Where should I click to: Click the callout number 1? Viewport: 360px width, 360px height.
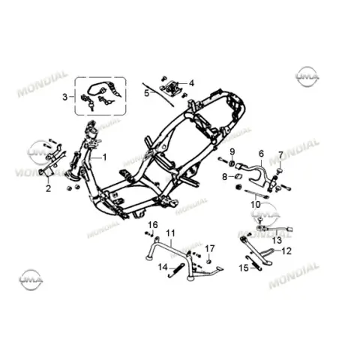coord(105,157)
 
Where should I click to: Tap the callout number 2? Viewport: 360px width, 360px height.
coord(48,188)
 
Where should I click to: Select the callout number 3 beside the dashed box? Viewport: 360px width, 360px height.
coord(65,97)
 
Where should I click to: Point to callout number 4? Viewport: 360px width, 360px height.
coord(191,83)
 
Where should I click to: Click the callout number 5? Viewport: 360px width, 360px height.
coord(147,93)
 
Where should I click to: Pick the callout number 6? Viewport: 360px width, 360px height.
coord(261,154)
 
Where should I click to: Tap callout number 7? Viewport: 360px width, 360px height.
coord(280,155)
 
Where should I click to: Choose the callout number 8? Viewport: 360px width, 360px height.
coord(225,177)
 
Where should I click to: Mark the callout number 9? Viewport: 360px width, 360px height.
coord(232,151)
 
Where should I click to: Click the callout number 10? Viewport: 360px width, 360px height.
coord(256,205)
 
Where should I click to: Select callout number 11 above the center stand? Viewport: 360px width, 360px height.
coord(170,233)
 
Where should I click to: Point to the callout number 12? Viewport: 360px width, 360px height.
coord(286,250)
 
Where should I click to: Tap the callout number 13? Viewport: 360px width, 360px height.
coord(277,241)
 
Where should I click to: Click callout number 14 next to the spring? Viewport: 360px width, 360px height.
coord(163,267)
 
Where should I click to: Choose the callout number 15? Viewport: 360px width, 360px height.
coord(244,268)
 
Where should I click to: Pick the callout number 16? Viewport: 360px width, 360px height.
coord(153,225)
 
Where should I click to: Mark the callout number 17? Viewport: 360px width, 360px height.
coord(210,248)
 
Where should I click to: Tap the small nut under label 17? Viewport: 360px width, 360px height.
coord(209,261)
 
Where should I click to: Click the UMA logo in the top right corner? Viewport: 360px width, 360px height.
coord(307,76)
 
